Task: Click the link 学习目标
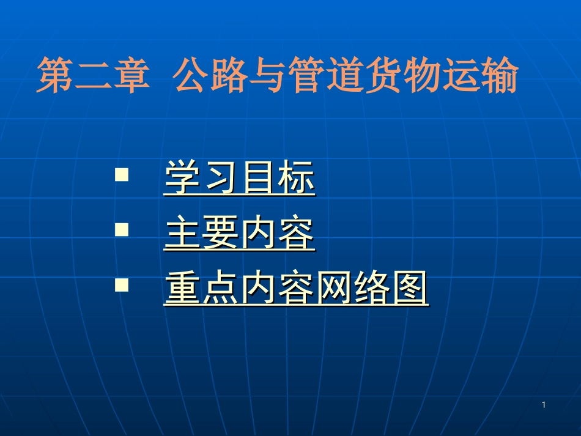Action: (x=239, y=178)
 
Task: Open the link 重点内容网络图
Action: (x=296, y=289)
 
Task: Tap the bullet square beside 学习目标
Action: (x=122, y=175)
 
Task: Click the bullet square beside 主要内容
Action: (x=122, y=230)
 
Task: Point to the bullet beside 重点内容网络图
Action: (x=122, y=284)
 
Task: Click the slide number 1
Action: (x=544, y=405)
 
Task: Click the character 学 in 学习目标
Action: (x=182, y=178)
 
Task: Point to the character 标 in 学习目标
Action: (x=296, y=178)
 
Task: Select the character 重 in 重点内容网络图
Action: (x=182, y=289)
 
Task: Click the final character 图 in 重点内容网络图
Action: (x=410, y=289)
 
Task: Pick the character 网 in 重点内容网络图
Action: (x=334, y=289)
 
